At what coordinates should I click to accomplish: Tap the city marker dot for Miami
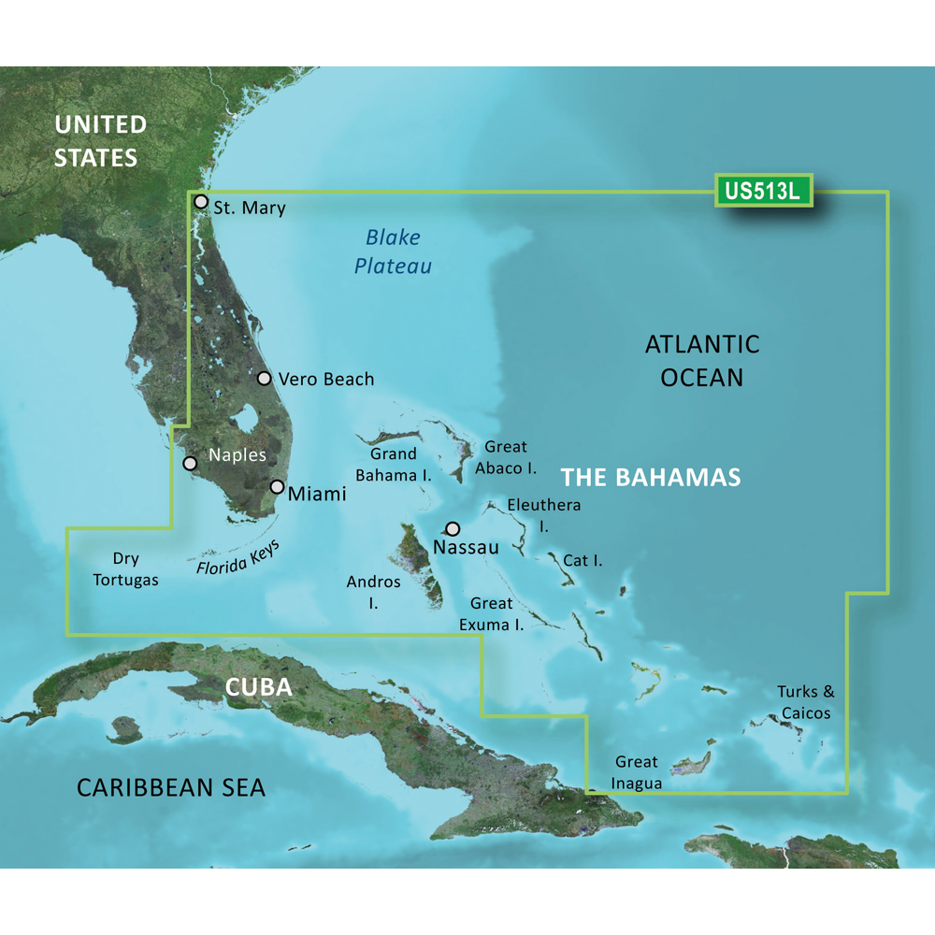point(278,486)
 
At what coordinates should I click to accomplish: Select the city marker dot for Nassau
point(453,528)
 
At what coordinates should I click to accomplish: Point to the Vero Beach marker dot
point(265,379)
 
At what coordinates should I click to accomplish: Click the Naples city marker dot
point(190,463)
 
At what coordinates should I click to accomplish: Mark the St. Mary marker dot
point(200,201)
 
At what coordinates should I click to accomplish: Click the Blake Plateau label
point(393,252)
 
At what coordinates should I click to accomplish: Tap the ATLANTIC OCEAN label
point(701,360)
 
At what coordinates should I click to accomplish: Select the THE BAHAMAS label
point(651,477)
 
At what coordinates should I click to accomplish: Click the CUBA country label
point(259,687)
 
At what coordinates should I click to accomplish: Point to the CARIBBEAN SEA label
point(171,787)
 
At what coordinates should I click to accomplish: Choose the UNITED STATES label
point(100,140)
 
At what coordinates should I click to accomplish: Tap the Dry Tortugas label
point(125,569)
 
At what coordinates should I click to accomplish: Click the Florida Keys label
point(239,559)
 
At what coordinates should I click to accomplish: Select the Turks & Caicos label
point(804,702)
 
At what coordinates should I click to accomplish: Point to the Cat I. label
point(583,561)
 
